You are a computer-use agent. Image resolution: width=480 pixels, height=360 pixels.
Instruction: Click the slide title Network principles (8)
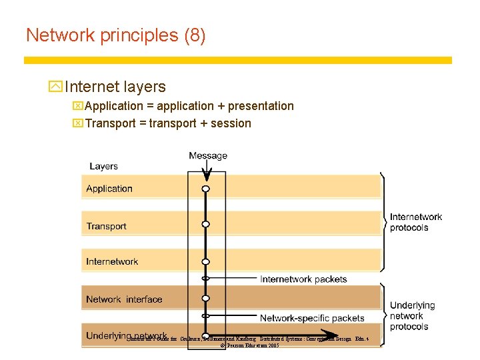pos(115,35)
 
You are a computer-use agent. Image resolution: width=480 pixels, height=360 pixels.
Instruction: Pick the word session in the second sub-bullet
pos(230,123)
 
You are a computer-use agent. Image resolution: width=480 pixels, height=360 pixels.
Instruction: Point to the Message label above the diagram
pos(208,156)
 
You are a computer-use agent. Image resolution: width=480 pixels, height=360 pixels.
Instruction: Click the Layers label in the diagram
pos(103,166)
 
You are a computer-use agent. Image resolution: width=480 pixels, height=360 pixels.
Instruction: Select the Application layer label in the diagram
pos(109,189)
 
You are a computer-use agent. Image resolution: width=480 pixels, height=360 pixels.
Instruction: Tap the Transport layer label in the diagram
pos(106,226)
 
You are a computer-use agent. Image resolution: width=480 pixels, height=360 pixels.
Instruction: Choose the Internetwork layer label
pos(112,261)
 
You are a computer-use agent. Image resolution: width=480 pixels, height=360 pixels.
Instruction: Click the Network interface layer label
pos(124,299)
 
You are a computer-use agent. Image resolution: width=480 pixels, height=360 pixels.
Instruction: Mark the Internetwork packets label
pos(303,279)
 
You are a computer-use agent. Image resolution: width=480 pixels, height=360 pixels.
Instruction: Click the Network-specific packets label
pos(312,318)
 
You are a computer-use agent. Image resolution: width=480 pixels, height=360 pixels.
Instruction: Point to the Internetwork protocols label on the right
pos(416,222)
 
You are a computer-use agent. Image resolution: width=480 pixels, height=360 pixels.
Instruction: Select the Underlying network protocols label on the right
pos(413,316)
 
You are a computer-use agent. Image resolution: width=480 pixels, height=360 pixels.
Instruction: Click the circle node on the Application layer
pos(206,189)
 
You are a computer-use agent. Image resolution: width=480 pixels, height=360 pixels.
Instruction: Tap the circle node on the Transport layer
pos(206,225)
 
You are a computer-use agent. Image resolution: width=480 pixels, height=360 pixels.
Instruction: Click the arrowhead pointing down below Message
pos(207,175)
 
